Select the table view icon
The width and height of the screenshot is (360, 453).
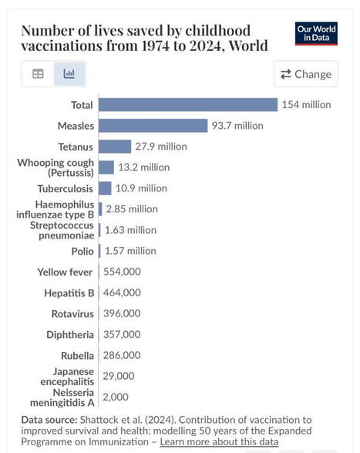(38, 74)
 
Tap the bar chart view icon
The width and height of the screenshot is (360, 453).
(69, 74)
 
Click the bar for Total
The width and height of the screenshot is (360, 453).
(187, 104)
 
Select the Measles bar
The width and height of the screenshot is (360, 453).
(153, 125)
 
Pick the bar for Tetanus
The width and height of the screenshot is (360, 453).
(115, 146)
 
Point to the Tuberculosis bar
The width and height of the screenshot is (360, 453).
(105, 188)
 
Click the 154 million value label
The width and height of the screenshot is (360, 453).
(306, 104)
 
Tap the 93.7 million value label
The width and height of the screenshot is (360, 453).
(237, 125)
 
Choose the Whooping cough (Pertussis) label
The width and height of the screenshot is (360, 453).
(56, 167)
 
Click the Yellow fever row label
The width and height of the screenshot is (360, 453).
(66, 272)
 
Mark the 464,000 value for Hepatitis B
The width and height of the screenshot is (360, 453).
(122, 292)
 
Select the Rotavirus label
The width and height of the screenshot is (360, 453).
(72, 313)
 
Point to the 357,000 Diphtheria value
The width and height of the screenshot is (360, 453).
(122, 334)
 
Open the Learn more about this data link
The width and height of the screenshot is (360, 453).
(217, 441)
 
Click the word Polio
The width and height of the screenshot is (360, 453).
(82, 251)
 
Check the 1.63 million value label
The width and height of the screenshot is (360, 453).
(130, 230)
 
